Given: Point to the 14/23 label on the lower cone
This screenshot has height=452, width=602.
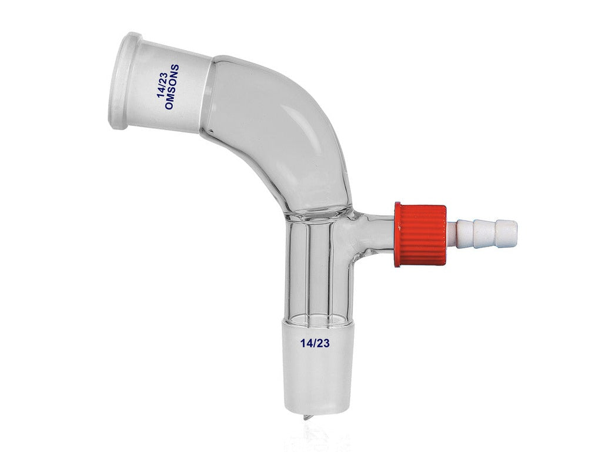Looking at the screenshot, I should coord(314,343).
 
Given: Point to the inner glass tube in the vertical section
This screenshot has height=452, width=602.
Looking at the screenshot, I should coord(317,265).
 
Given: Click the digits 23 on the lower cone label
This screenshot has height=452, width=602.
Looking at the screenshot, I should coord(322,343).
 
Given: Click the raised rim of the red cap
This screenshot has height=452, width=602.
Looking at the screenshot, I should coord(398,234).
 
